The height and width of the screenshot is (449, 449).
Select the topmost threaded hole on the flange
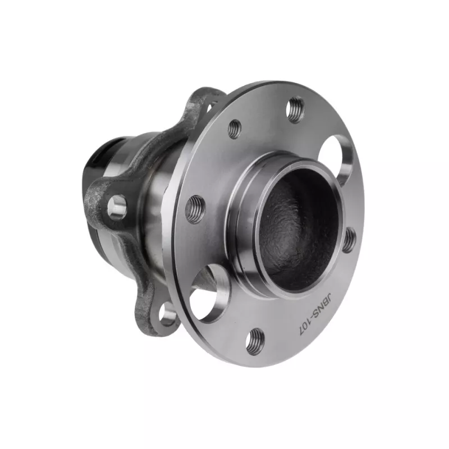tap(295, 110)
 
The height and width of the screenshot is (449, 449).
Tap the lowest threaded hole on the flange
tap(255, 342)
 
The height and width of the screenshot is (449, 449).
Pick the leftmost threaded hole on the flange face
tap(195, 209)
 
